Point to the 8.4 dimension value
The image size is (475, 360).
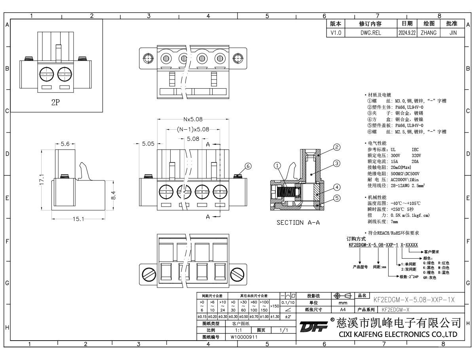pos(113,195)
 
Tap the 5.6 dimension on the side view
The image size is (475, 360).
pos(65,144)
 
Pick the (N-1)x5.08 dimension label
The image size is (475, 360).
pos(192,129)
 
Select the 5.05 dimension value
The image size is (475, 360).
pos(148,144)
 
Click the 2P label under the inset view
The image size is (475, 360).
pos(55,102)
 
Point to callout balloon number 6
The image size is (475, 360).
pos(248,166)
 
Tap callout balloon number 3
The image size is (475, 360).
pos(337,163)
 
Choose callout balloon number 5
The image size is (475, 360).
pos(337,198)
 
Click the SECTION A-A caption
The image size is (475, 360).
pos(298,222)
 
